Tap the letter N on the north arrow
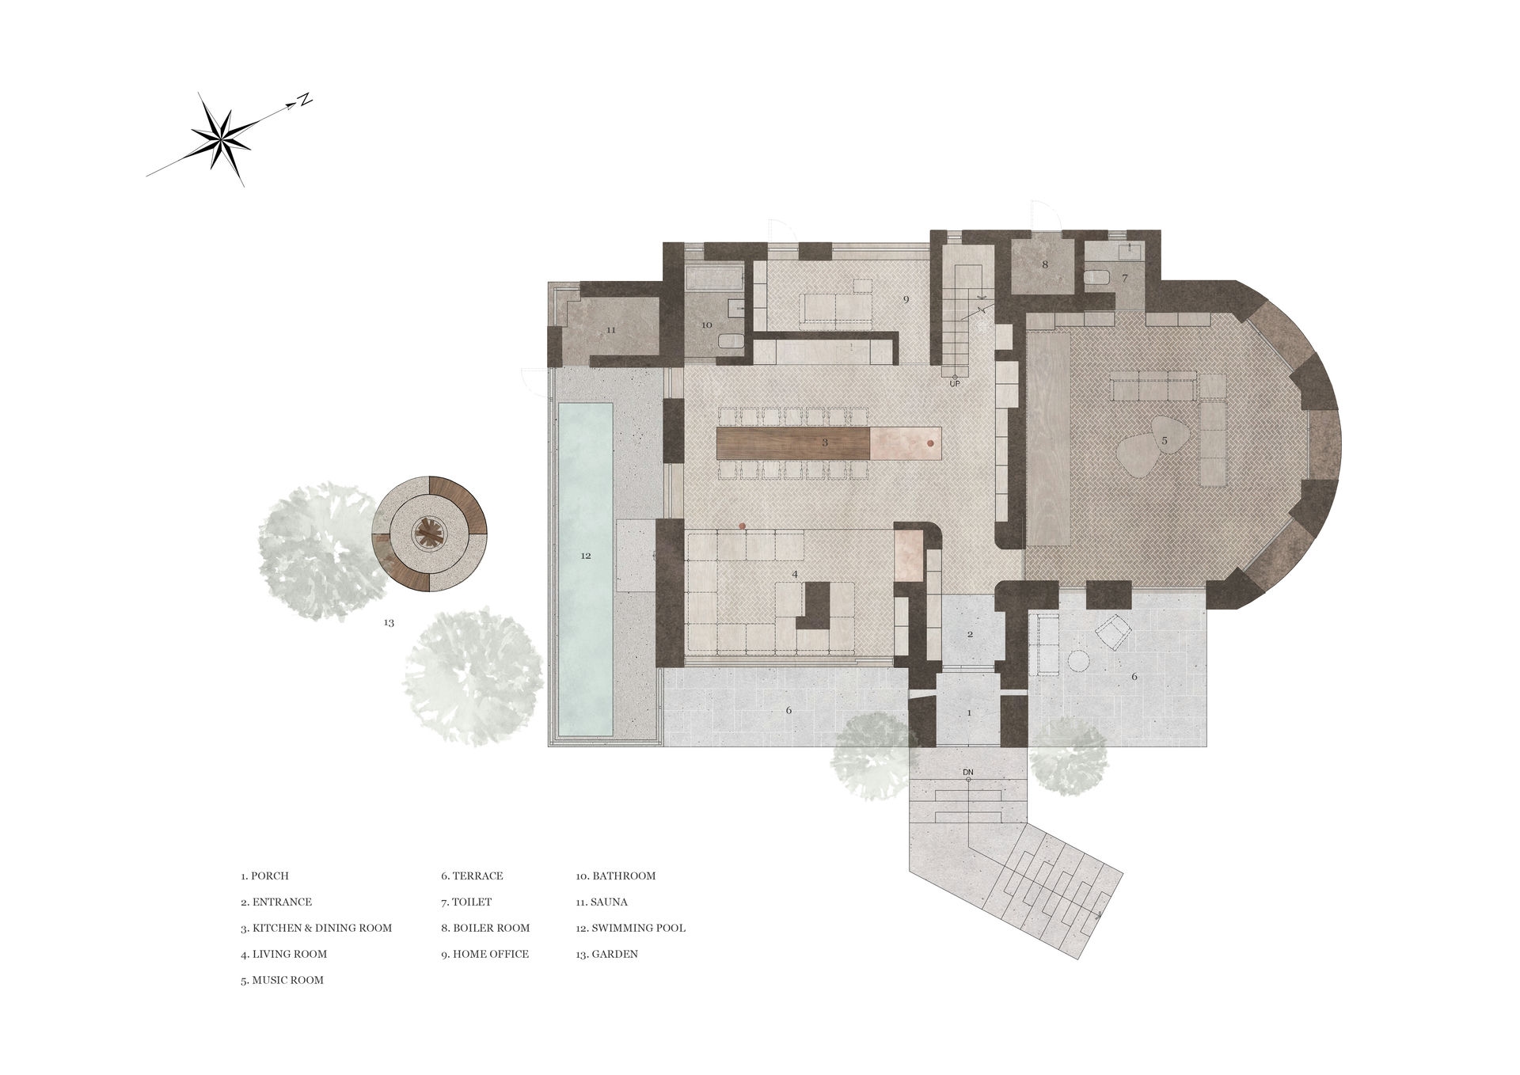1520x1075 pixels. (x=305, y=101)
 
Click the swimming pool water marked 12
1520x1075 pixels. (x=586, y=568)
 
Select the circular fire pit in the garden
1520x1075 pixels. (x=430, y=534)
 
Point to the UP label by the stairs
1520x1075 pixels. (x=955, y=384)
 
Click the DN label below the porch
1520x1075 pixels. (x=967, y=771)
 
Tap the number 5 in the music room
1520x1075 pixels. (x=1165, y=439)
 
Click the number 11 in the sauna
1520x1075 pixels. (x=610, y=329)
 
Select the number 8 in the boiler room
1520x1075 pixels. (x=1045, y=264)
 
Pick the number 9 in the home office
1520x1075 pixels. (x=906, y=298)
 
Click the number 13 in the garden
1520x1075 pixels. (x=389, y=623)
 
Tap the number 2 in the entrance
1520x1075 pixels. (x=970, y=634)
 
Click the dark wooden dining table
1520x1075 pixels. (x=794, y=443)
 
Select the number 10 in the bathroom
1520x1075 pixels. (x=706, y=325)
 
